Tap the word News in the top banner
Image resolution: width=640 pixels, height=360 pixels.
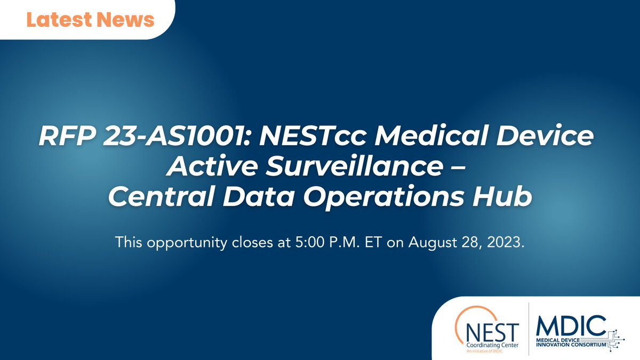click(x=126, y=20)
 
